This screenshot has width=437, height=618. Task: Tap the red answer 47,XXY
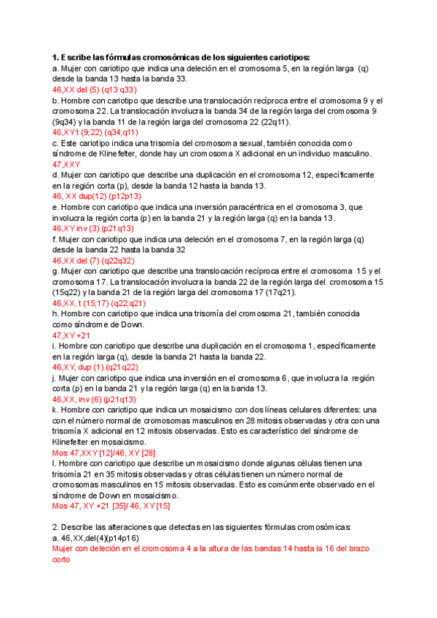tap(66, 165)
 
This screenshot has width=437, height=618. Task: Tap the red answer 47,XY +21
tap(71, 335)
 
